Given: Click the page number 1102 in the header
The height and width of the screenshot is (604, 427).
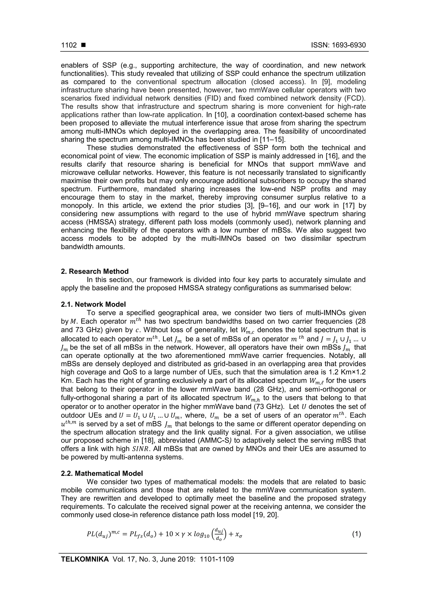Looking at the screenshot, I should (69, 45).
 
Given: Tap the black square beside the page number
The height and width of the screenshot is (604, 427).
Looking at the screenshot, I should (84, 45).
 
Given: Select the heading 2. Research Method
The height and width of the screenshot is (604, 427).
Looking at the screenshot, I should (95, 271).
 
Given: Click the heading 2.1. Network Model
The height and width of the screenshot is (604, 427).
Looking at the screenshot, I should (93, 304).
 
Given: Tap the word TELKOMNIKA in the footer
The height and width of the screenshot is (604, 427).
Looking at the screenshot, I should (85, 559).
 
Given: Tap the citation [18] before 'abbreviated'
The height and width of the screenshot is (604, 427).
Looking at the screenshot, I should (147, 440).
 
